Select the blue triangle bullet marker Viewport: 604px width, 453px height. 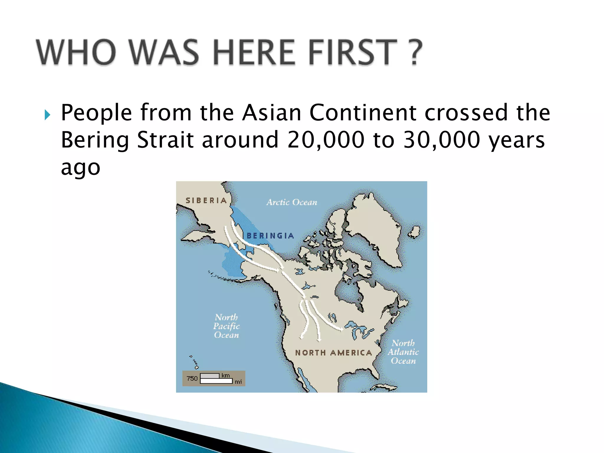pyautogui.click(x=47, y=115)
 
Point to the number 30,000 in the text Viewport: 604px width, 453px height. pyautogui.click(x=441, y=139)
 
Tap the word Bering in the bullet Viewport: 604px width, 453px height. pyautogui.click(x=95, y=140)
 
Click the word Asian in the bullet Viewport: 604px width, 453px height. pyautogui.click(x=272, y=113)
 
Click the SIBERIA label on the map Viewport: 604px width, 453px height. pyautogui.click(x=206, y=201)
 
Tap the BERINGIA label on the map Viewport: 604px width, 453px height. pyautogui.click(x=270, y=236)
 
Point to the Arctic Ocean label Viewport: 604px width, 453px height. pyautogui.click(x=292, y=202)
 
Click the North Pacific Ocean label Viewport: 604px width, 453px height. pyautogui.click(x=226, y=326)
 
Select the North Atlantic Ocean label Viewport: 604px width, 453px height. pyautogui.click(x=403, y=352)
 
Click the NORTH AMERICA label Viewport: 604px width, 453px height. pyautogui.click(x=334, y=353)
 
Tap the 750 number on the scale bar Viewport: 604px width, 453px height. pyautogui.click(x=192, y=378)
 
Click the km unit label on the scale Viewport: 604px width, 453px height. pyautogui.click(x=226, y=375)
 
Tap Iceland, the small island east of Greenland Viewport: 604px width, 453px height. pyautogui.click(x=415, y=232)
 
